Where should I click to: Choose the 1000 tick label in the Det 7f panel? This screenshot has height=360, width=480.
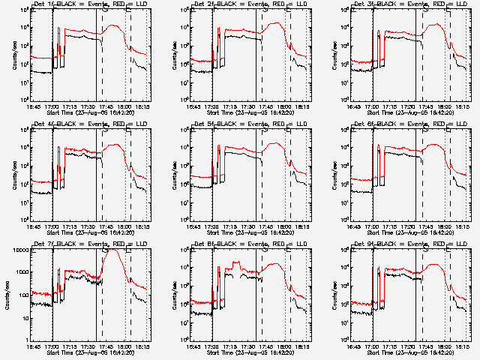tap(20, 271)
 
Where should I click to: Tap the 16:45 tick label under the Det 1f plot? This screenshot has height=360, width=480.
tap(34, 104)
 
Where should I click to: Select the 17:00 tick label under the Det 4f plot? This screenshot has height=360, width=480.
tap(52, 224)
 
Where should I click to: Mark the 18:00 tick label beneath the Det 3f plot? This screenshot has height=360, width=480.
tap(444, 104)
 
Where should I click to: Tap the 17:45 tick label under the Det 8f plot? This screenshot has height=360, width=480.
tap(283, 344)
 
